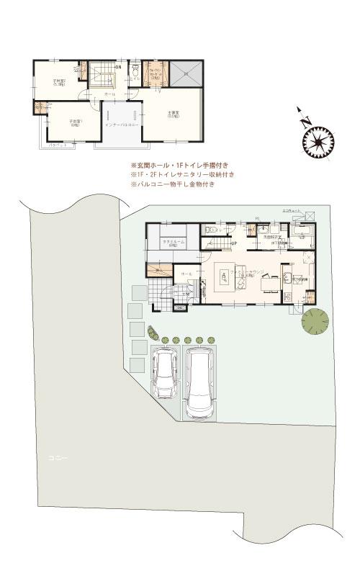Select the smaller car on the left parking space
[167, 373]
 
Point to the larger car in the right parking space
[200, 382]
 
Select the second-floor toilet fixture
[135, 71]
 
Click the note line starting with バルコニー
[172, 184]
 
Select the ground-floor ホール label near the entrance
[186, 275]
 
